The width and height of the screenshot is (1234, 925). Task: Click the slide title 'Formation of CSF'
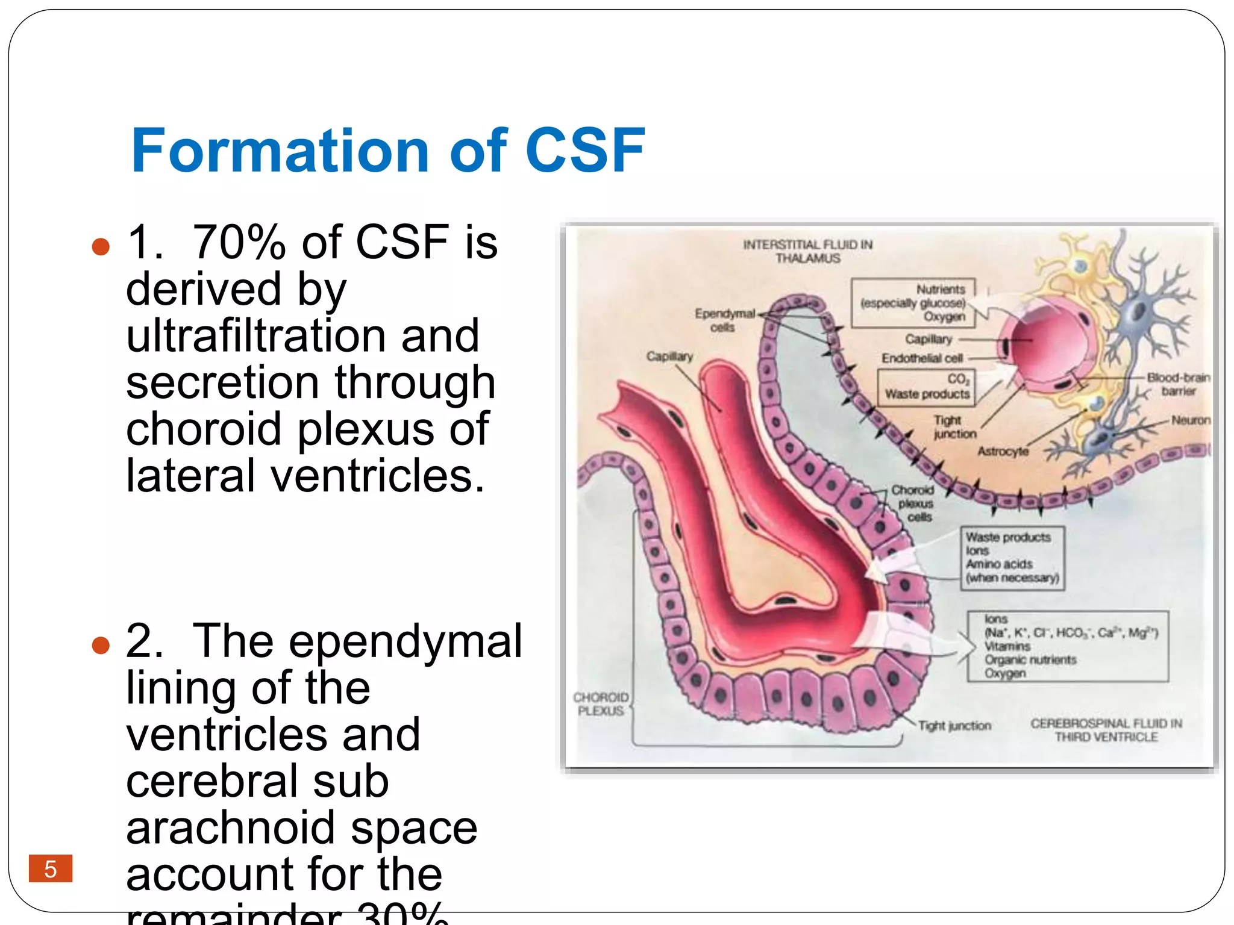(x=387, y=151)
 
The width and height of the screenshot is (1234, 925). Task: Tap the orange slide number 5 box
(x=51, y=868)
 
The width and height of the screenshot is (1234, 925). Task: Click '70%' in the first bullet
(x=239, y=242)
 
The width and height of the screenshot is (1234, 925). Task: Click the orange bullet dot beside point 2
(x=101, y=645)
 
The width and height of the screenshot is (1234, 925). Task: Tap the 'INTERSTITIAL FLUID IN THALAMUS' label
(x=807, y=251)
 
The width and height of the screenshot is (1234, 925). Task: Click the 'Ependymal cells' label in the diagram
(x=724, y=320)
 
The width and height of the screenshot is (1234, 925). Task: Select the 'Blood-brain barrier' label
(x=1178, y=384)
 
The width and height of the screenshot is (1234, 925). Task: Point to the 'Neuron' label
(x=1190, y=420)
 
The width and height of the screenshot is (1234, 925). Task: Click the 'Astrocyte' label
(x=1003, y=451)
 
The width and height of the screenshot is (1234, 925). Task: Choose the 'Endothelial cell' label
(x=922, y=358)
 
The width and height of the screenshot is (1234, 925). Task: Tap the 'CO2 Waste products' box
(x=927, y=387)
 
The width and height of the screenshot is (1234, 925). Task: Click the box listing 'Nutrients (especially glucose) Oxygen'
(x=913, y=303)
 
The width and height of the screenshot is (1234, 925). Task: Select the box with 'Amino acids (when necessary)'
(x=1012, y=558)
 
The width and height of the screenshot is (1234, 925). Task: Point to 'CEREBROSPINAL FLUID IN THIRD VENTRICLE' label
(x=1106, y=730)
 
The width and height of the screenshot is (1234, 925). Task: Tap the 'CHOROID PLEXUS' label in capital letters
(x=601, y=704)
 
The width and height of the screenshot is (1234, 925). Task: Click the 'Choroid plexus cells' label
(x=914, y=503)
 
